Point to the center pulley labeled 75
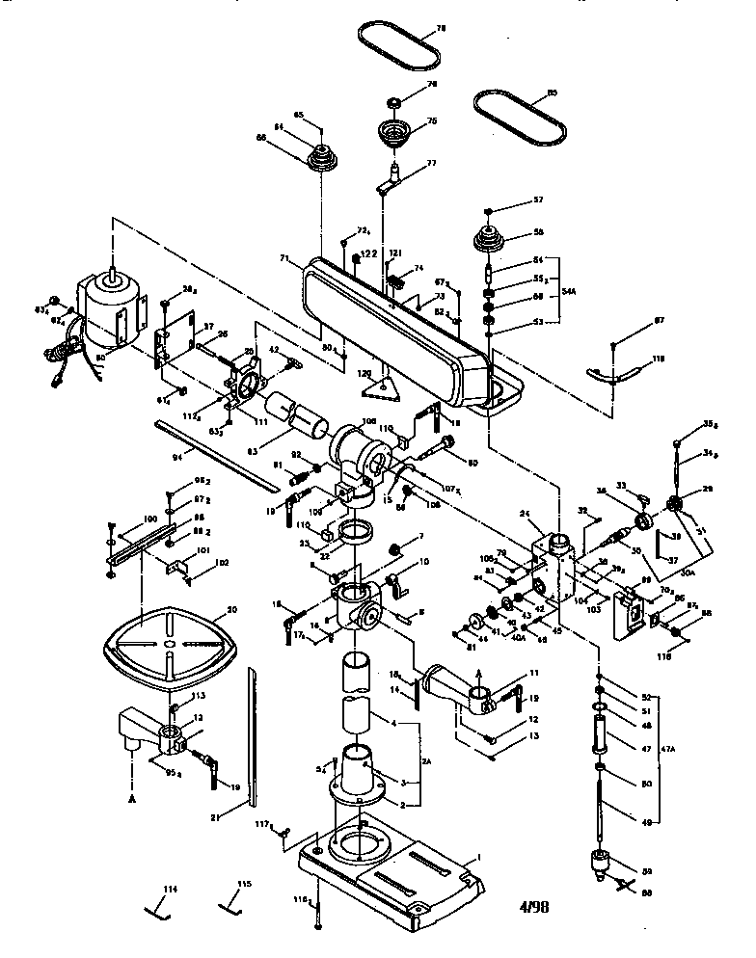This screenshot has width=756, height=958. pos(392,131)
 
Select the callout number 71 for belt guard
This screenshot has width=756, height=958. pos(284,258)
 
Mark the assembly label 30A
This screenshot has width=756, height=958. pos(688,572)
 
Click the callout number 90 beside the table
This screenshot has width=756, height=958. pos(230,609)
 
